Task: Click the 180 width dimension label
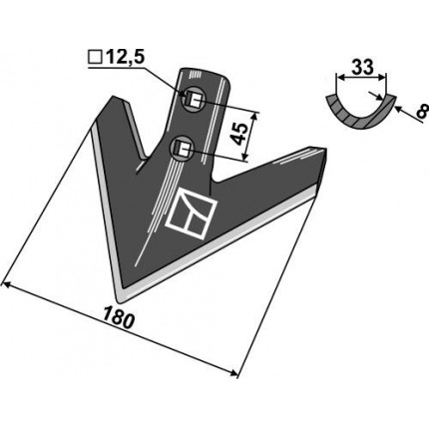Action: pyautogui.click(x=119, y=318)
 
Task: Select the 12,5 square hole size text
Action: pyautogui.click(x=126, y=58)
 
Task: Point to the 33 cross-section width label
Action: pyautogui.click(x=362, y=67)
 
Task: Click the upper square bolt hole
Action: pyautogui.click(x=194, y=99)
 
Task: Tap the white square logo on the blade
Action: pyautogui.click(x=192, y=214)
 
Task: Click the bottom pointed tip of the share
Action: pyautogui.click(x=121, y=301)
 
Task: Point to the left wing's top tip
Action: pyautogui.click(x=114, y=97)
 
